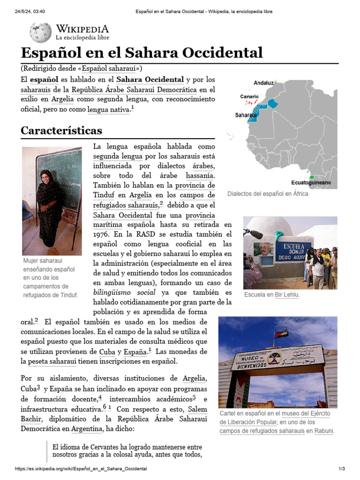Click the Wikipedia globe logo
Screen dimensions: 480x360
pyautogui.click(x=40, y=32)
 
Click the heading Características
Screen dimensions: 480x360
pyautogui.click(x=61, y=130)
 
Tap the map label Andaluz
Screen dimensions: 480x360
pyautogui.click(x=263, y=83)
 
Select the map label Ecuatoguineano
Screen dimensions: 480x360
pyautogui.click(x=311, y=182)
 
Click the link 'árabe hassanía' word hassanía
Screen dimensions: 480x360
pyautogui.click(x=200, y=175)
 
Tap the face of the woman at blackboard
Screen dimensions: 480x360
pyautogui.click(x=47, y=176)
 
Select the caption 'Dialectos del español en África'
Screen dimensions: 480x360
pyautogui.click(x=268, y=194)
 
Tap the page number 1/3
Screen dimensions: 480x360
pyautogui.click(x=342, y=469)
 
